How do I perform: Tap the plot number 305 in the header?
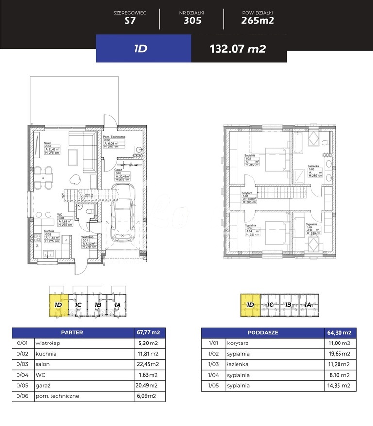point(192,20)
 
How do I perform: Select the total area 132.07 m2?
point(237,49)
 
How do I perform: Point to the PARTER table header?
point(72,333)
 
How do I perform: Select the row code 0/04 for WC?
point(20,375)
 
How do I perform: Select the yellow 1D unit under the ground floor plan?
point(58,305)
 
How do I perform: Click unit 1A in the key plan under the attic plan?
point(308,305)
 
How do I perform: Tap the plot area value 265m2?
point(257,20)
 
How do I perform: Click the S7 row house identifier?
point(129,20)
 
